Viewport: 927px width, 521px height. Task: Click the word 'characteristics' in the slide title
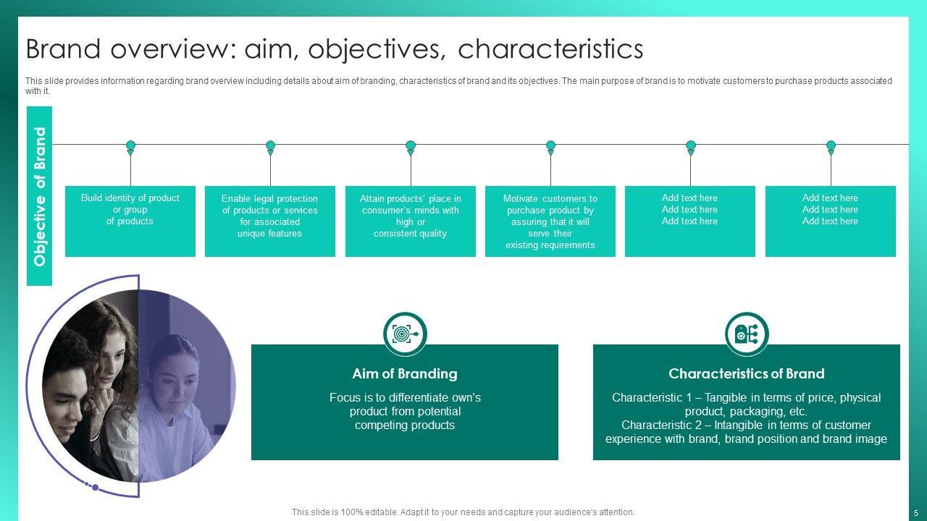pyautogui.click(x=550, y=48)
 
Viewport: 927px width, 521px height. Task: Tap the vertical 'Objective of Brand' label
pyautogui.click(x=40, y=196)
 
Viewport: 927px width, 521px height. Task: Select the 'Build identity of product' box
pyautogui.click(x=130, y=221)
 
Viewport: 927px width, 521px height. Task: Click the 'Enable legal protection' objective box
pyautogui.click(x=270, y=221)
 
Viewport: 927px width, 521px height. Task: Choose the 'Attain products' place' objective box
pyautogui.click(x=411, y=221)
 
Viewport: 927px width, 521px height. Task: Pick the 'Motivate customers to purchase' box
pyautogui.click(x=550, y=221)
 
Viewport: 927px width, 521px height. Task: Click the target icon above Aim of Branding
pyautogui.click(x=405, y=334)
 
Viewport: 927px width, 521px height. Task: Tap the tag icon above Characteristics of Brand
pyautogui.click(x=747, y=334)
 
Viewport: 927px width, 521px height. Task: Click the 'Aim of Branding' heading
pyautogui.click(x=405, y=374)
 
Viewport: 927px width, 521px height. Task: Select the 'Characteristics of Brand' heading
pyautogui.click(x=747, y=374)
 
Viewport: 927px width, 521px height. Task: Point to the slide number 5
pyautogui.click(x=916, y=513)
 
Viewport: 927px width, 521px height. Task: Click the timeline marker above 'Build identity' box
pyautogui.click(x=130, y=147)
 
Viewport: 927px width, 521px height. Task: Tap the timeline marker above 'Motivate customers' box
pyautogui.click(x=550, y=147)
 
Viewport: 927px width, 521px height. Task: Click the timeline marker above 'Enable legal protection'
pyautogui.click(x=270, y=147)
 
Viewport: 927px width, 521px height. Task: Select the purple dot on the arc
pyautogui.click(x=95, y=488)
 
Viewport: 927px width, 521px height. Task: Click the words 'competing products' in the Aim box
pyautogui.click(x=405, y=425)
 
